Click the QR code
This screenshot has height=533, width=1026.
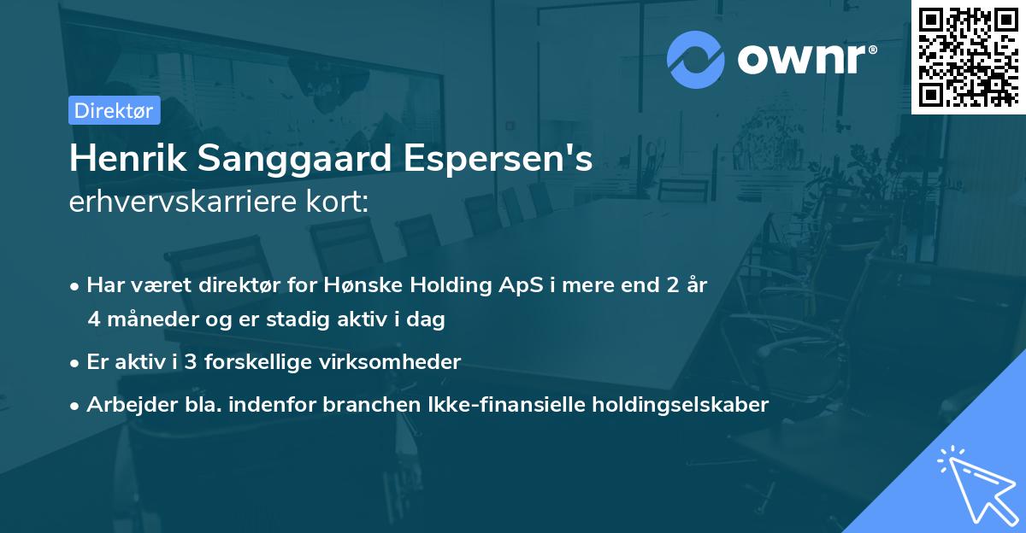point(969,57)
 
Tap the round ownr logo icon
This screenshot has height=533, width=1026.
point(697,59)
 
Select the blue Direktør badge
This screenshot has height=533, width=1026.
point(114,110)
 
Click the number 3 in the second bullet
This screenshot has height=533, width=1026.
point(191,362)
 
